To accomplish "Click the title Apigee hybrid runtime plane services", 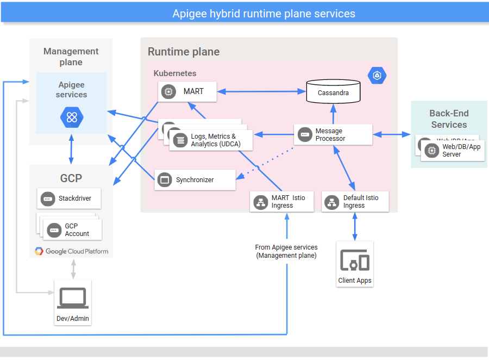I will (x=264, y=14).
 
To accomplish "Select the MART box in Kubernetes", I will (x=187, y=91).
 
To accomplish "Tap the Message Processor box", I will (x=333, y=134).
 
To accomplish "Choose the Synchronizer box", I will (x=195, y=179).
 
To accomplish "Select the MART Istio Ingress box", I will (x=281, y=202).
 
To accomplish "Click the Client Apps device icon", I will (x=355, y=262).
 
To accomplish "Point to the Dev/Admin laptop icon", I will (x=73, y=299).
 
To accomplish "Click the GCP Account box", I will (x=73, y=229).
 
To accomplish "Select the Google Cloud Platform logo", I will (x=71, y=251).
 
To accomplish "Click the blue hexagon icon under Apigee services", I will (x=71, y=116).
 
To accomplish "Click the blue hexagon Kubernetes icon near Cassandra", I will (x=377, y=76).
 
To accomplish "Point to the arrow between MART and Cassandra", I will (x=261, y=91).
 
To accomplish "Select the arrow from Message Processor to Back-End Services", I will (x=391, y=134).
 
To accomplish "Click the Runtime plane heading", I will (x=184, y=52).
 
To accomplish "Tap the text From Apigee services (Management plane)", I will (x=286, y=251).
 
